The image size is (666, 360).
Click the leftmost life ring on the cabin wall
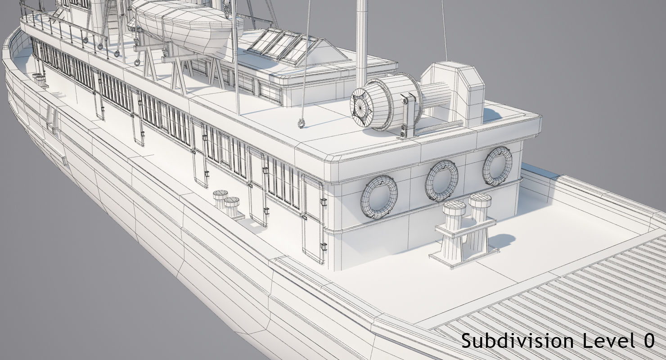coord(378,197)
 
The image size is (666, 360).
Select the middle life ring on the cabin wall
coord(441,180)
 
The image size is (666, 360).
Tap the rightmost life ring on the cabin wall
coord(497,166)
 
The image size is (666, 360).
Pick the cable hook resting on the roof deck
coord(301,124)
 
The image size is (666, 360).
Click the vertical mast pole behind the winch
coord(361,40)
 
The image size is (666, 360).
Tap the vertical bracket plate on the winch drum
coord(408,115)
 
